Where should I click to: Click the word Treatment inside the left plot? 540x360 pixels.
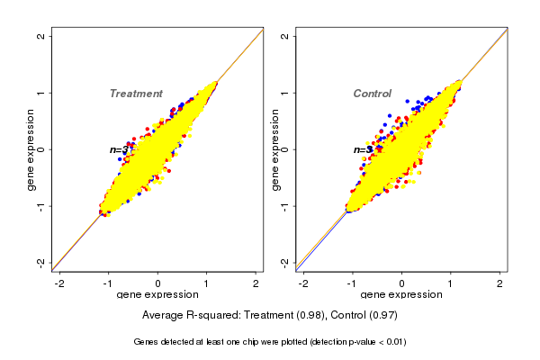point(136,94)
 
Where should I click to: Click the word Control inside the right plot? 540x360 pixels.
point(372,94)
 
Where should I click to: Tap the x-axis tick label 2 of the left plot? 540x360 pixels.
point(256,283)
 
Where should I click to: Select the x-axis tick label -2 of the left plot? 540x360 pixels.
point(58,283)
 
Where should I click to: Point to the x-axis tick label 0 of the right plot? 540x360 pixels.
point(402,283)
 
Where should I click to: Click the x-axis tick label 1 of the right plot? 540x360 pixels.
point(452,283)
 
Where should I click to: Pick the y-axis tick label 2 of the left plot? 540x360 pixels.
point(40,36)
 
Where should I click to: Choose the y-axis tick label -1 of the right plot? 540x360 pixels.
point(285,205)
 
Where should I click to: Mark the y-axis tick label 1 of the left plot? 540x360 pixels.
point(40,93)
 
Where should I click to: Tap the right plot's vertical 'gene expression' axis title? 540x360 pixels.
point(274,149)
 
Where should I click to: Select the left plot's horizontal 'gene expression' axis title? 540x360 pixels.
point(158,295)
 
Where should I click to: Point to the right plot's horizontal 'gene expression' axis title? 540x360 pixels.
point(402,295)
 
